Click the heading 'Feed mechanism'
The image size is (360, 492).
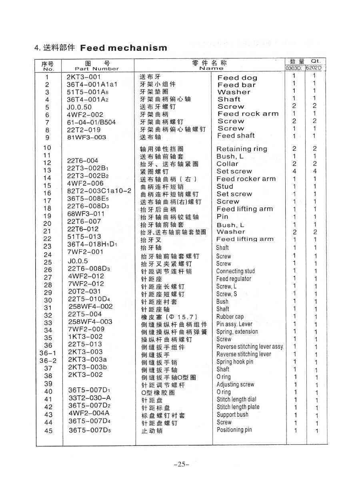pyautogui.click(x=124, y=48)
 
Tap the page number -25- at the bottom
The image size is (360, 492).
pyautogui.click(x=181, y=464)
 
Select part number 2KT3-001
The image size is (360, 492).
pyautogui.click(x=84, y=77)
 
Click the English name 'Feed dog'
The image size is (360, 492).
pyautogui.click(x=237, y=78)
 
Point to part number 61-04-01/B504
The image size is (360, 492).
pyautogui.click(x=91, y=122)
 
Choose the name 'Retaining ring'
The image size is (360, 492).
pyautogui.click(x=242, y=149)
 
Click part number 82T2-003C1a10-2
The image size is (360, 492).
pyautogui.click(x=99, y=191)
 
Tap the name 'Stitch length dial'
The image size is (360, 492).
pyautogui.click(x=236, y=399)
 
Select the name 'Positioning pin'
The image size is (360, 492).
pyautogui.click(x=234, y=430)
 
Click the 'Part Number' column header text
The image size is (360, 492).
pyautogui.click(x=97, y=68)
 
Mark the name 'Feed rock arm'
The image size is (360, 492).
pyautogui.click(x=248, y=114)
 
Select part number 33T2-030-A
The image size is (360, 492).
pyautogui.click(x=90, y=398)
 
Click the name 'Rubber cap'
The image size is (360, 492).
pyautogui.click(x=230, y=316)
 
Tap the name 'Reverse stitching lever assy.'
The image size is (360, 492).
pyautogui.click(x=250, y=347)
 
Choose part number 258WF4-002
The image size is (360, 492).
pyautogui.click(x=90, y=306)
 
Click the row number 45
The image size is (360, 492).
pyautogui.click(x=48, y=431)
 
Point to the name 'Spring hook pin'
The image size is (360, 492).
pyautogui.click(x=235, y=362)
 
